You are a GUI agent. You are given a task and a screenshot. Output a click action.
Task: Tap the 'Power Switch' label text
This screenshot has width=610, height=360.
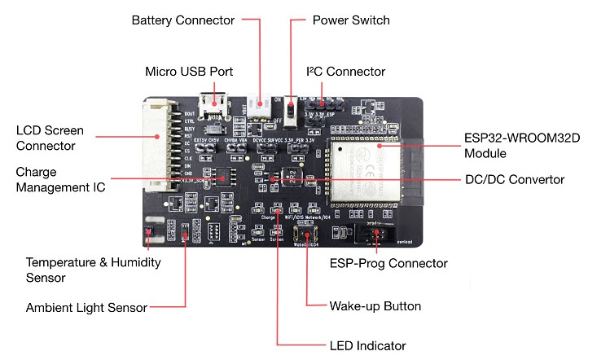point(351,20)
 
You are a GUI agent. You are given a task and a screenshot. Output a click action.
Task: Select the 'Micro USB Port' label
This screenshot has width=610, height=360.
point(189,71)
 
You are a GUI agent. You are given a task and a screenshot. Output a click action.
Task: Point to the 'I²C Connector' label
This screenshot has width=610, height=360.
point(344,71)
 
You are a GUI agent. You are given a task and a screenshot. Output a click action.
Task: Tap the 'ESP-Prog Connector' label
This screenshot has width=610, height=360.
point(388,263)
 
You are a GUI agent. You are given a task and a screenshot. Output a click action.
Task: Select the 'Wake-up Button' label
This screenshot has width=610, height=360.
point(375,306)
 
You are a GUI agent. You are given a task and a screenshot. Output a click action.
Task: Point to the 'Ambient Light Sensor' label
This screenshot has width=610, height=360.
point(87,307)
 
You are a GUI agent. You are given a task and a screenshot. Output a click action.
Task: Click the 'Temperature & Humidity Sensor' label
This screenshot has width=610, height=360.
point(93,270)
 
